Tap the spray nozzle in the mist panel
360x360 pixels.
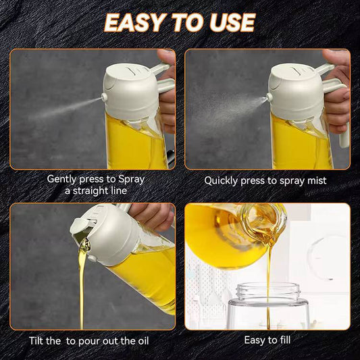[x=269, y=97]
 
